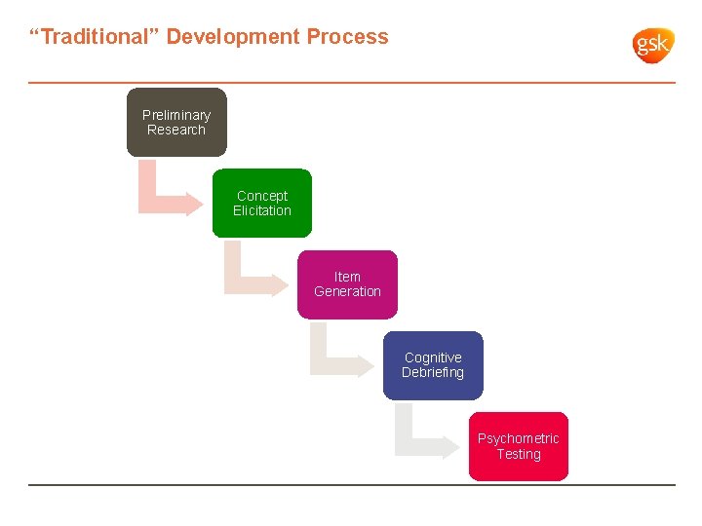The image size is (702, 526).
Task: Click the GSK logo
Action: pyautogui.click(x=653, y=45)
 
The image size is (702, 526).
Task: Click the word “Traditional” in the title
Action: pyautogui.click(x=94, y=37)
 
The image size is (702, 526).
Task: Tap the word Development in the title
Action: pyautogui.click(x=233, y=37)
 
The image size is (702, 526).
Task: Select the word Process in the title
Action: pyautogui.click(x=347, y=37)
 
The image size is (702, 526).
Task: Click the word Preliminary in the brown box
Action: pyautogui.click(x=176, y=115)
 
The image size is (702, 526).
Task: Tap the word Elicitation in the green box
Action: pyautogui.click(x=262, y=210)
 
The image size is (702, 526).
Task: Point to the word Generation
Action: pyautogui.click(x=348, y=291)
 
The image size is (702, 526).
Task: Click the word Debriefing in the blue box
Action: pyautogui.click(x=433, y=372)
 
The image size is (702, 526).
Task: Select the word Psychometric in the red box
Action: pyautogui.click(x=518, y=438)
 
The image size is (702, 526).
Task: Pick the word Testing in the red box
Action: pyautogui.click(x=518, y=454)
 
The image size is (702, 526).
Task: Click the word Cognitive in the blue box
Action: pyautogui.click(x=433, y=357)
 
